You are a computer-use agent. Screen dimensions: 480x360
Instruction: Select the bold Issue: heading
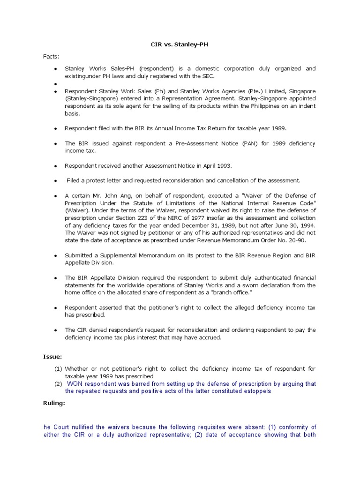pos(52,357)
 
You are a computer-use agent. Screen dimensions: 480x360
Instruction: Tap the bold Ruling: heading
pos(54,403)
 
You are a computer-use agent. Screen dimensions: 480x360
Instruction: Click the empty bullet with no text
pos(56,84)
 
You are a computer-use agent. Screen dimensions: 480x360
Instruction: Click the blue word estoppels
pos(255,391)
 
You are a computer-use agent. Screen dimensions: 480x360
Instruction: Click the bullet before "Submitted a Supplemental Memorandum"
pos(56,255)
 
